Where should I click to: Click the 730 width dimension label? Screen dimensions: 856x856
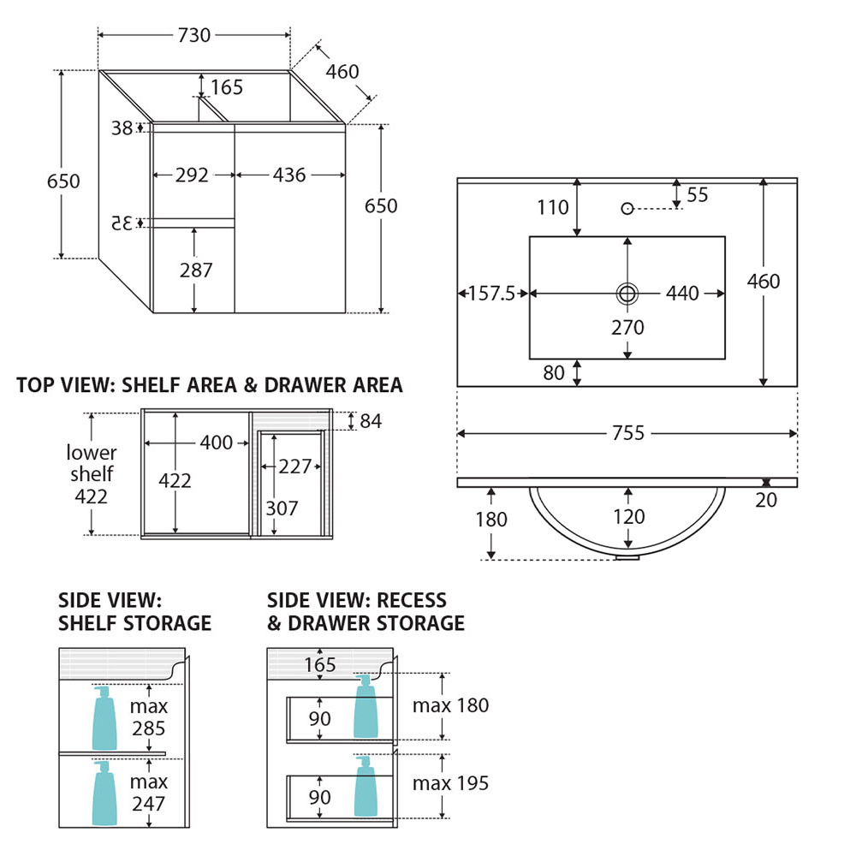click(x=193, y=35)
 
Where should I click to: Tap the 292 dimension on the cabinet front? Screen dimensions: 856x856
click(x=192, y=175)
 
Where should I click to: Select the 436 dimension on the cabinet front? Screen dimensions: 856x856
click(x=289, y=175)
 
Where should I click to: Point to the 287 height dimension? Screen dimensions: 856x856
click(x=196, y=270)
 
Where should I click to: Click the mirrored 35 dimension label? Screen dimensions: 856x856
click(x=122, y=223)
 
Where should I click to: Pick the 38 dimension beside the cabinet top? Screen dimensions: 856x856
click(x=122, y=128)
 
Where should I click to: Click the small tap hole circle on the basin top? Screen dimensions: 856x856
click(x=627, y=209)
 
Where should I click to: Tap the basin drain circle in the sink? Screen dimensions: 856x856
click(x=627, y=294)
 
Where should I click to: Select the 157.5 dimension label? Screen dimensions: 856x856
click(x=492, y=294)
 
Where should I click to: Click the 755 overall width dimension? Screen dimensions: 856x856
click(x=627, y=433)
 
